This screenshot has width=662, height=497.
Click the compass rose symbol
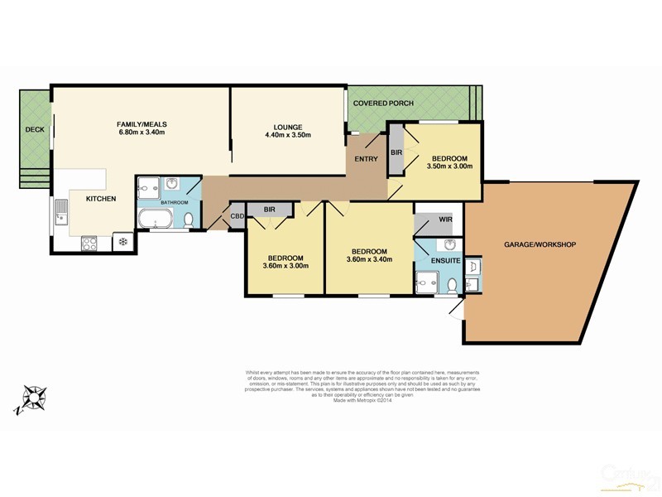click(x=34, y=398)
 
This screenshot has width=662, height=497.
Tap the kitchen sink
click(x=62, y=212)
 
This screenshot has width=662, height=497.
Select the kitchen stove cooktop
click(x=89, y=243)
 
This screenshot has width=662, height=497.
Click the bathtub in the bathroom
click(x=156, y=220)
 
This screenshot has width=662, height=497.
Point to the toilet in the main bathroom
click(x=189, y=220)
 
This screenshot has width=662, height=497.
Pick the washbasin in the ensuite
click(x=447, y=244)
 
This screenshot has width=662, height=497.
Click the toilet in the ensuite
click(x=451, y=285)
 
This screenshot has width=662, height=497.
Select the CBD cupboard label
click(x=237, y=217)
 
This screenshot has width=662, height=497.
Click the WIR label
click(x=444, y=220)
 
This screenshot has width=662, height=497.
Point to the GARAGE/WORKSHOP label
click(x=540, y=244)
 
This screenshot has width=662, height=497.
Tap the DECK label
click(x=34, y=129)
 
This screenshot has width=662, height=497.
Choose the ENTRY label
click(x=365, y=159)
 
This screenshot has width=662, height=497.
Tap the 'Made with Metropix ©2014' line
click(x=362, y=402)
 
